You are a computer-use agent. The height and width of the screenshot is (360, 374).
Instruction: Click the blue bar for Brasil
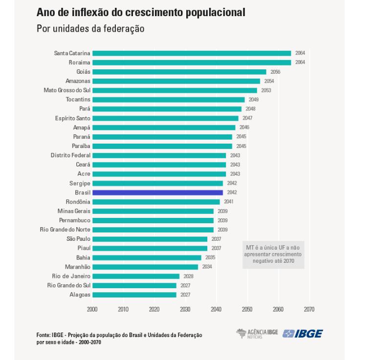point(157,192)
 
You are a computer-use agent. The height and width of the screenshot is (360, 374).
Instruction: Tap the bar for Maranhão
point(145,267)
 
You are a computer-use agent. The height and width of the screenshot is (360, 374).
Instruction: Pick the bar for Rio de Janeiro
point(135,276)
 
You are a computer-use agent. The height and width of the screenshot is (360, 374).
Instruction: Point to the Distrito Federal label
point(70,155)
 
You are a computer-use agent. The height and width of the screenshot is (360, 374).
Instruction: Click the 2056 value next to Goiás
point(275,72)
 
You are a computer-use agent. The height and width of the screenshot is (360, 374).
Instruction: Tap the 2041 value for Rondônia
point(229,202)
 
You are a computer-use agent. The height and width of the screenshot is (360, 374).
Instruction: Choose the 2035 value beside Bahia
point(210,257)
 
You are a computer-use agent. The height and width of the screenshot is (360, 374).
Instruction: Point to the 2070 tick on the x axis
point(309,309)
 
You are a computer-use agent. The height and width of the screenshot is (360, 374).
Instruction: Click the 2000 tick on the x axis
point(92,309)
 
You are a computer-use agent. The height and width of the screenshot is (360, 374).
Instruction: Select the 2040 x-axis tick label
point(216,309)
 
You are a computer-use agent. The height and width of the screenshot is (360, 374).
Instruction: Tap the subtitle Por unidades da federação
point(90,29)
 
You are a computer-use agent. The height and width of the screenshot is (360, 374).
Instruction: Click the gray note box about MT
point(273,254)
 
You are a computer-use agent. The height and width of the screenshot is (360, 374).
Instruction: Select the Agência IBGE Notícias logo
point(257,333)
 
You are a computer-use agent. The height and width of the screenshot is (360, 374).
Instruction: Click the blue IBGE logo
point(303,333)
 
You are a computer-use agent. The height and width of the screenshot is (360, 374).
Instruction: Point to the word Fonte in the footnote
point(44,335)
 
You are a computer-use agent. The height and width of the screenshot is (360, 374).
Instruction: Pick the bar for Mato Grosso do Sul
point(175,90)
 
